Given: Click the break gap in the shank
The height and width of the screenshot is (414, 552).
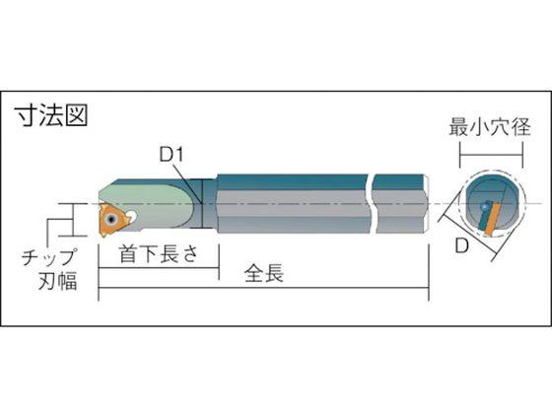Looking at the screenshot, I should click(x=372, y=201).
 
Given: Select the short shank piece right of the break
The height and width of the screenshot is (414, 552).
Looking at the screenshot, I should click(x=403, y=201).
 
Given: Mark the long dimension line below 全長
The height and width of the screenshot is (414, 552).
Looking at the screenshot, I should click(x=264, y=292).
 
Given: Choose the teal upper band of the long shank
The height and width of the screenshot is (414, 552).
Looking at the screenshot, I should click(x=286, y=183).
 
